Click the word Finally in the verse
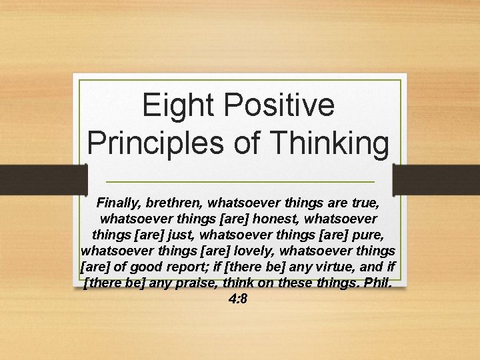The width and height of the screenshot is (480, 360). (x=118, y=201)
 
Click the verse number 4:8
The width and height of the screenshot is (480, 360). (x=237, y=301)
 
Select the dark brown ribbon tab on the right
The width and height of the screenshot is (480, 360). (x=437, y=179)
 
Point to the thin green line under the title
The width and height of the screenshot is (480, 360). (x=240, y=183)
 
